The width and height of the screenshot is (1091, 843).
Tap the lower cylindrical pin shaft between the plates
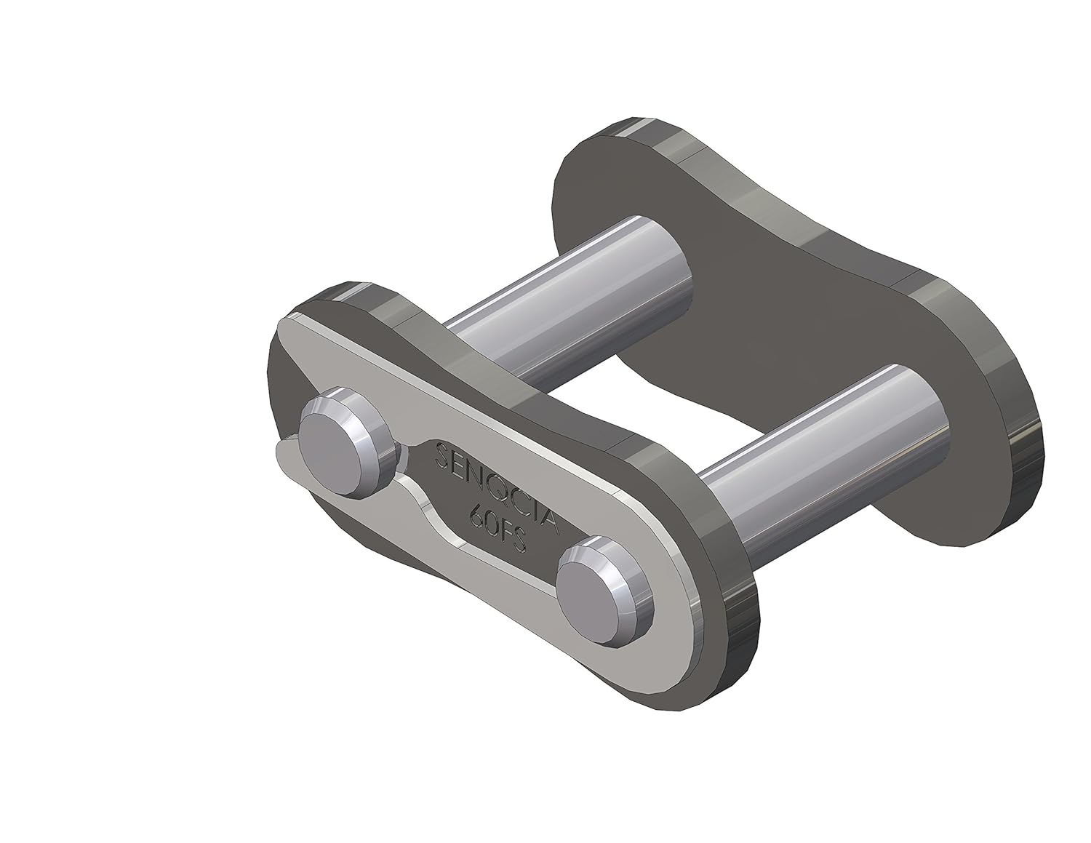(822, 451)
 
